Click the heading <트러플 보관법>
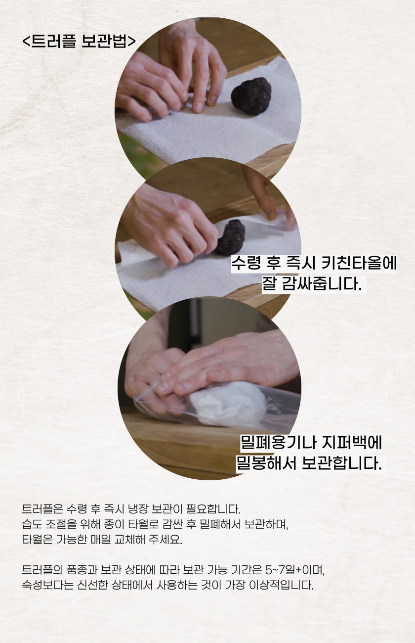point(79,42)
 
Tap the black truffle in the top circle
point(251,96)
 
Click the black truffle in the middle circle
point(230,237)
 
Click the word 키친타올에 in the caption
point(359,263)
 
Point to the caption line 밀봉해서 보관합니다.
point(309,463)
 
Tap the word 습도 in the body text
point(31,524)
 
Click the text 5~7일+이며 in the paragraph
point(295,570)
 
